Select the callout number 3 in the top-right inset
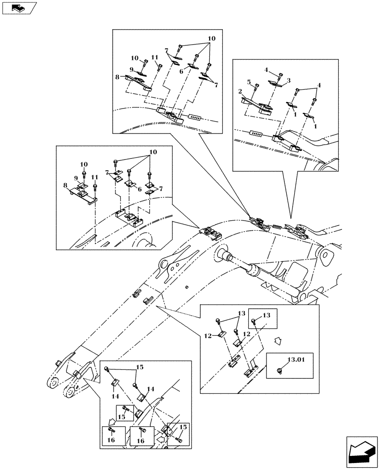coord(289,81)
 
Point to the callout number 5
coord(249,82)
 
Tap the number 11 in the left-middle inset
coord(94,177)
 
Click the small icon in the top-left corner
coord(19,8)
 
